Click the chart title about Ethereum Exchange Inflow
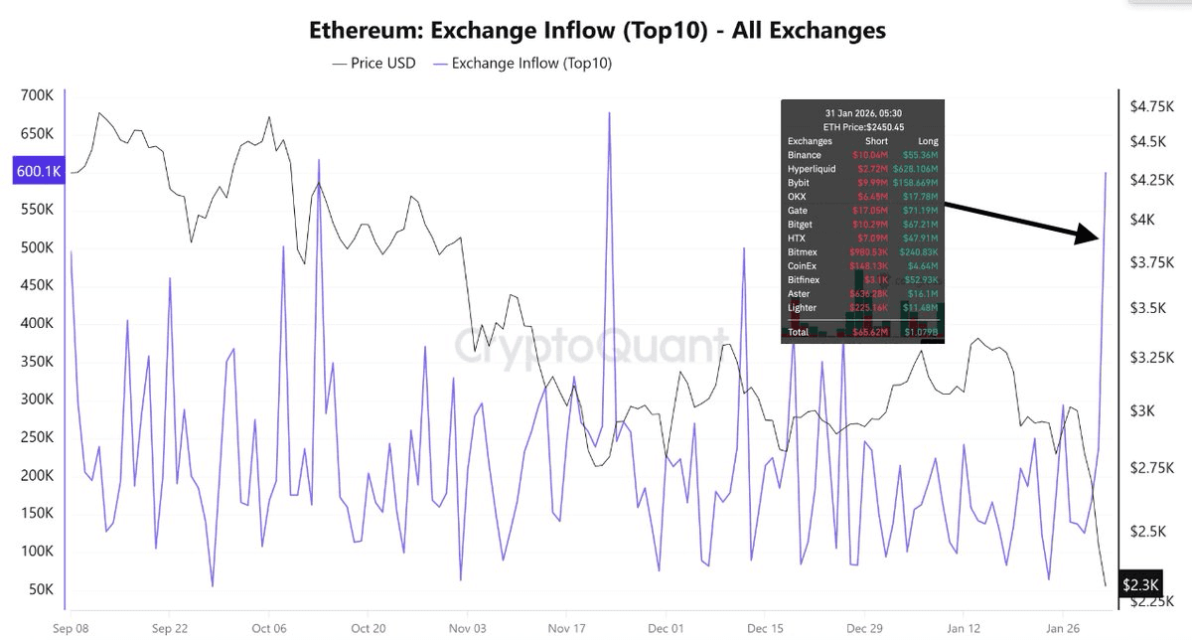click(596, 30)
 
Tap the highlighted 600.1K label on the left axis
click(39, 171)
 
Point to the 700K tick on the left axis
click(37, 95)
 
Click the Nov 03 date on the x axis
click(467, 629)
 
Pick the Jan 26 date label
click(1062, 629)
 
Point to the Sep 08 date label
click(72, 629)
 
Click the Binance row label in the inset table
click(805, 155)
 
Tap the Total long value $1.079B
click(920, 332)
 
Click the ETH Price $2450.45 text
click(862, 127)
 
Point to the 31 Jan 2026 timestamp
click(862, 113)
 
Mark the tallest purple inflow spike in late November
click(609, 113)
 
